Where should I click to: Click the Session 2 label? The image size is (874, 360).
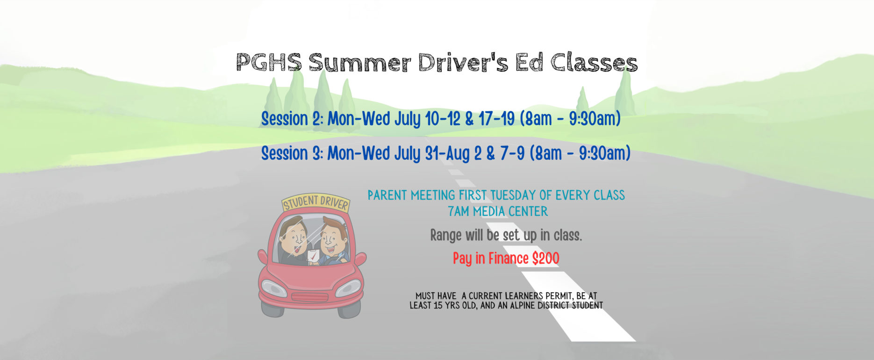point(292,119)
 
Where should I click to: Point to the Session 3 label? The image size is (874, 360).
point(292,153)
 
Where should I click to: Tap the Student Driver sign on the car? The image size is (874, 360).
point(316,203)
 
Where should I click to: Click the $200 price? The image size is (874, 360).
point(545,259)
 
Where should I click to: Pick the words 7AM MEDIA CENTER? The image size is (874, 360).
point(498,211)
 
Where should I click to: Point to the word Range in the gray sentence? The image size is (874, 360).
point(445,235)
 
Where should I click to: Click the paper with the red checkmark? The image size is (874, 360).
point(312,256)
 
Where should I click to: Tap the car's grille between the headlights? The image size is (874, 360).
point(310,297)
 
